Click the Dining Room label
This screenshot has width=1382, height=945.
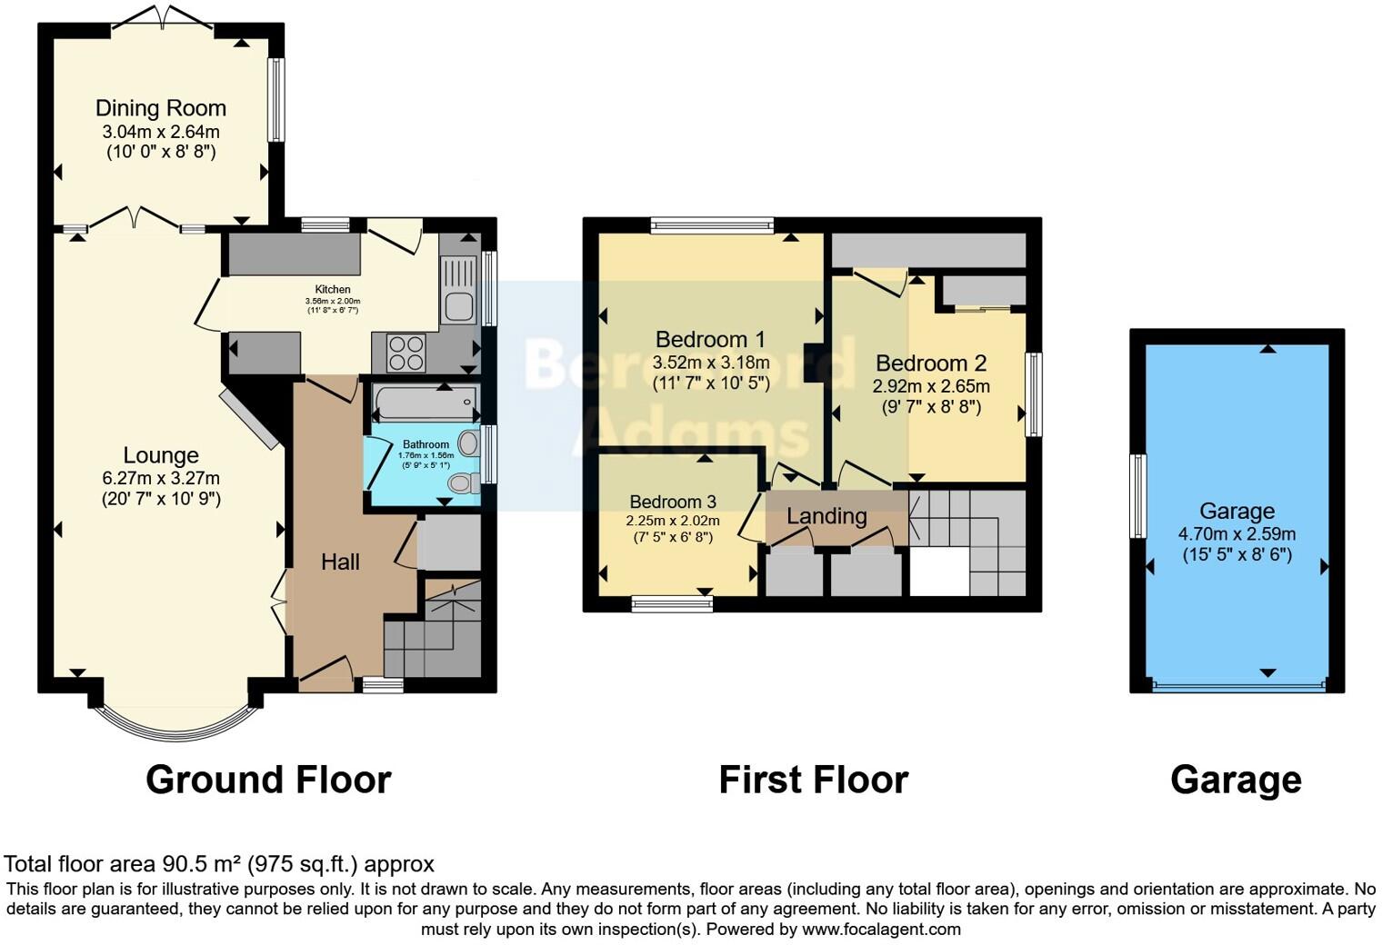(x=161, y=108)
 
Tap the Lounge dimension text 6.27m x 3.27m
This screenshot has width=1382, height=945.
(x=161, y=478)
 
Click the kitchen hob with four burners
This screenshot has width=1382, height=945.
(x=406, y=353)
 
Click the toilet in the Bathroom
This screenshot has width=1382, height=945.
(x=464, y=482)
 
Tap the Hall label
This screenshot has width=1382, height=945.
(x=340, y=562)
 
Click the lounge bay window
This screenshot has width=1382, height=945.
(x=169, y=722)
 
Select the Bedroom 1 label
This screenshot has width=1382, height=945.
(x=710, y=340)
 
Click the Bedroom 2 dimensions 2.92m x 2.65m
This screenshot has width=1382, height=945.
(x=931, y=386)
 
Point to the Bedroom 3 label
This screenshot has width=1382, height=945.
(x=673, y=502)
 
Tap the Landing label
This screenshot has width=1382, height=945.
(x=826, y=516)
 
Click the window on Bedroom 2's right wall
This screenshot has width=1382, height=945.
(x=1033, y=394)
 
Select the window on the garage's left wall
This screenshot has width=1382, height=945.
(x=1137, y=495)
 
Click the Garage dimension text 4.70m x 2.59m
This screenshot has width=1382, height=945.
(x=1237, y=533)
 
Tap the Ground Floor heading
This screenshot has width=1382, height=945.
(x=268, y=780)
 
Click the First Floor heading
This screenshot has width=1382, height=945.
(x=813, y=780)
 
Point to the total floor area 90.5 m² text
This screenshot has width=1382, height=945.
(x=219, y=863)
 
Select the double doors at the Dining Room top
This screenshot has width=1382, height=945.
(x=163, y=17)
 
